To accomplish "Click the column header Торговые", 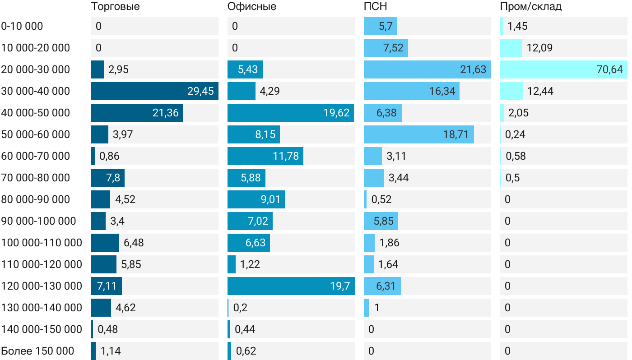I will [115, 7].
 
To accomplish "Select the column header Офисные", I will [252, 7].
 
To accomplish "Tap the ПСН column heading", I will [376, 7].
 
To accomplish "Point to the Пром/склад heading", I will [531, 7].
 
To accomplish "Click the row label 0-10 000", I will [22, 26].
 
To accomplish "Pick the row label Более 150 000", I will [37, 351].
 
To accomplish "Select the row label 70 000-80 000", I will [36, 178].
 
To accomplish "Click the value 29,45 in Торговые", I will [200, 91].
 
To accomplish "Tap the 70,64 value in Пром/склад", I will [609, 69].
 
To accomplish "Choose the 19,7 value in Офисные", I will [340, 286].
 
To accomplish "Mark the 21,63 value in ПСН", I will [473, 69].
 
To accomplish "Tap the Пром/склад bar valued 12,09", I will [511, 48].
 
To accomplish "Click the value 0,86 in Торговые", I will [109, 156].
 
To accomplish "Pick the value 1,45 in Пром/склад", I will [517, 26].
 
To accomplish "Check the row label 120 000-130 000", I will [42, 286].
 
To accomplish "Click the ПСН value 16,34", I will [442, 91].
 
